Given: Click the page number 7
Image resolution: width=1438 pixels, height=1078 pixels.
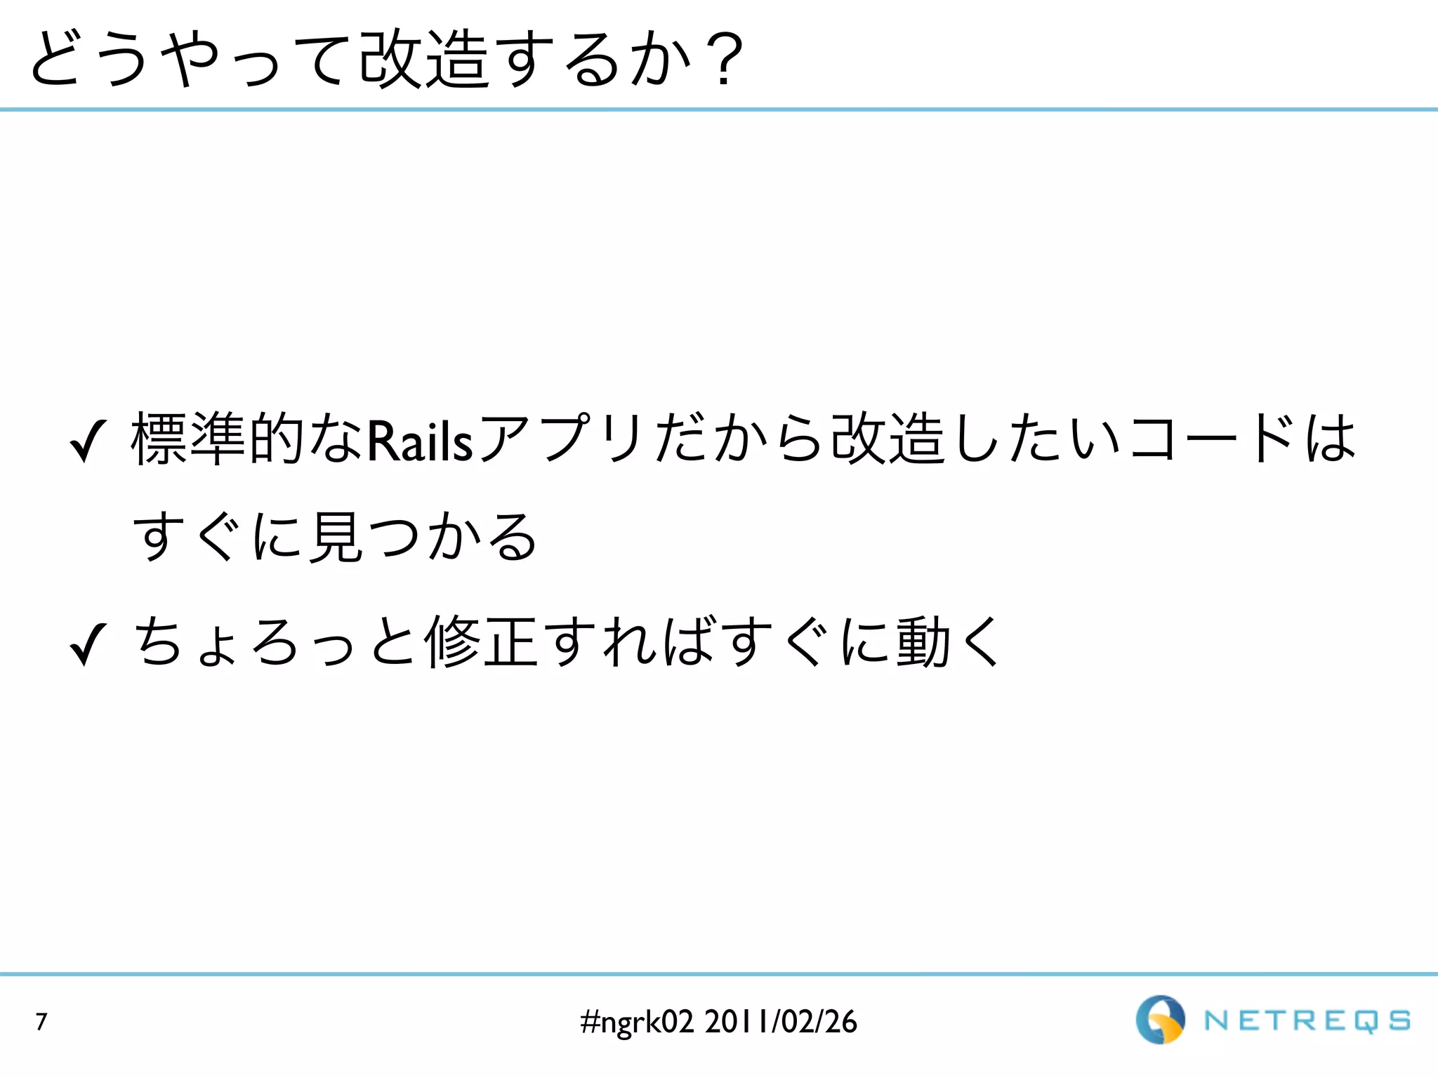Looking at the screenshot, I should click(41, 1022).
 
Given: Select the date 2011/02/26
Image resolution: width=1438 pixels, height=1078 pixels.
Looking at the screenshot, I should click(781, 1022).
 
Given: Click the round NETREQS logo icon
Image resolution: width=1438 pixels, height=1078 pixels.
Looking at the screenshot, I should click(1160, 1020).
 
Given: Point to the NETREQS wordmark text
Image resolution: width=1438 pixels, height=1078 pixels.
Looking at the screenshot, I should click(1307, 1021).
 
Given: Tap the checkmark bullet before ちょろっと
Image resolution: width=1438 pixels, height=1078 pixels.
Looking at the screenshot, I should click(88, 645).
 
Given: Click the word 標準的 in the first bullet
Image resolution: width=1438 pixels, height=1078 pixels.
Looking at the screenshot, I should click(218, 440).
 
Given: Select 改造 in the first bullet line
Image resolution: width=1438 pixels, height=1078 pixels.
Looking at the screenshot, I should click(888, 440).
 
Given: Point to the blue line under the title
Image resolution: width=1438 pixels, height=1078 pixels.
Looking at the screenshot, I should click(719, 109).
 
